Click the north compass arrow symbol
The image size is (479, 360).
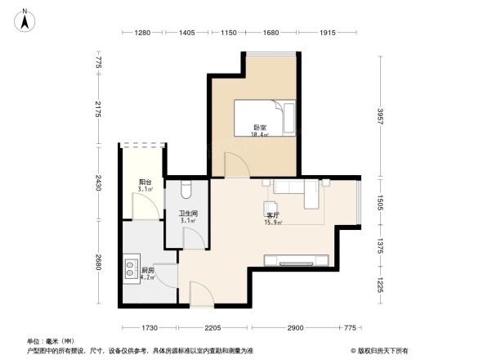click(x=25, y=19)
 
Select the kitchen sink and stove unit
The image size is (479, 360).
click(x=131, y=270)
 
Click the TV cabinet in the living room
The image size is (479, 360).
click(x=296, y=260)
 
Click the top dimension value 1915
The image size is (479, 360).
click(x=329, y=33)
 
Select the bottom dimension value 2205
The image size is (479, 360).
click(x=213, y=327)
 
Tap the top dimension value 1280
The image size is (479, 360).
click(x=144, y=33)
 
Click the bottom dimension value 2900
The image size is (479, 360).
click(x=295, y=327)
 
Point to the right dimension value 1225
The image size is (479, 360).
click(x=381, y=286)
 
